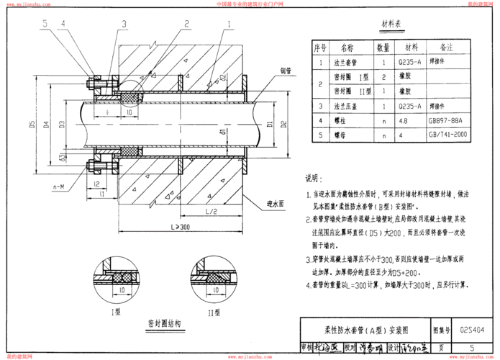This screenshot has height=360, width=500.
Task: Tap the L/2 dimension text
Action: pyautogui.click(x=211, y=211)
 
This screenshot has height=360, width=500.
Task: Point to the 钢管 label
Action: pyautogui.click(x=286, y=70)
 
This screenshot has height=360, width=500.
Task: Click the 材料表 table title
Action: pyautogui.click(x=394, y=28)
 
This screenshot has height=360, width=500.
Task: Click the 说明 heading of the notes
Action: pyautogui.click(x=314, y=179)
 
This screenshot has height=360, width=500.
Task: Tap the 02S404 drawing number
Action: pyautogui.click(x=472, y=331)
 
